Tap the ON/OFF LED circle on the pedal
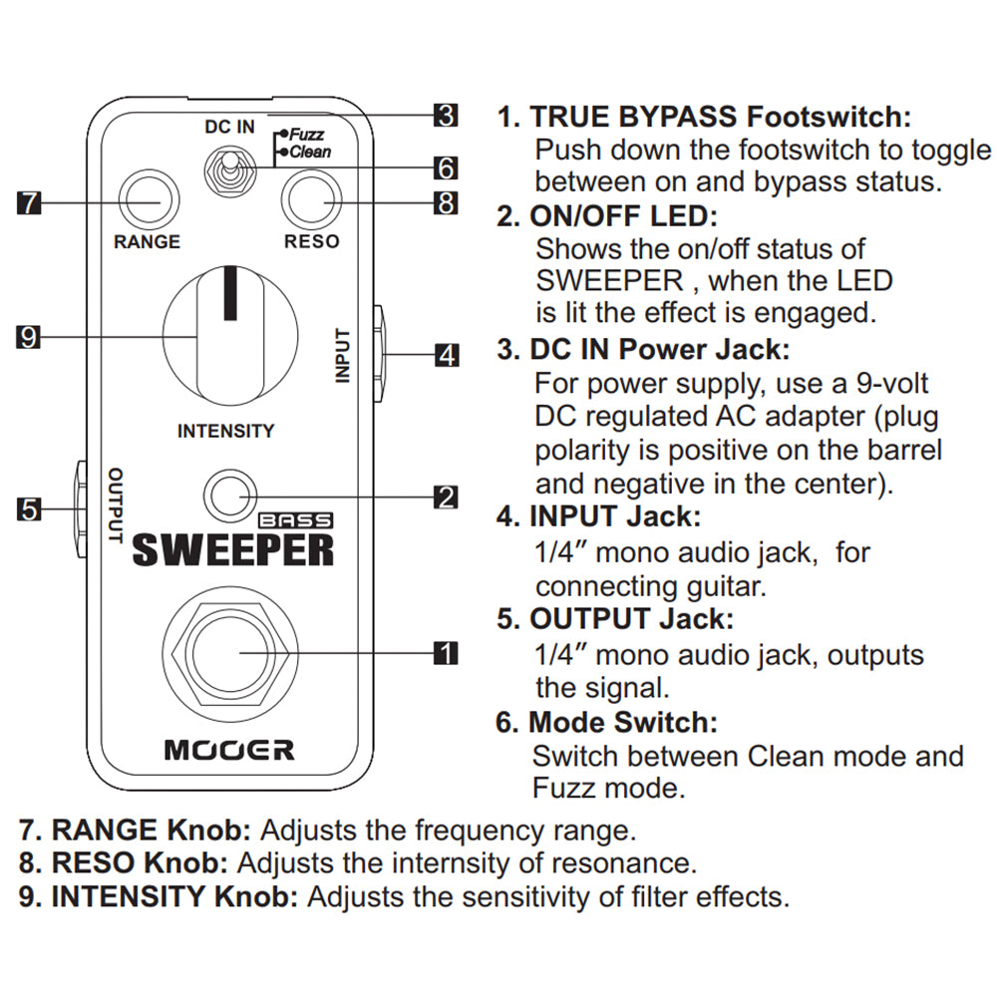(229, 496)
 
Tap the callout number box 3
(446, 116)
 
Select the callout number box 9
(29, 338)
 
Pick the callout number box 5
(29, 509)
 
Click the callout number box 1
(446, 653)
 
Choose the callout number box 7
(29, 202)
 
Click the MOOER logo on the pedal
(229, 749)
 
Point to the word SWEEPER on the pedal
(233, 549)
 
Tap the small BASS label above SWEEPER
(297, 518)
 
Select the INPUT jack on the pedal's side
(380, 353)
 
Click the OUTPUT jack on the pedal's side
(79, 507)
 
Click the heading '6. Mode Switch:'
(606, 721)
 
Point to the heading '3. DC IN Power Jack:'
(643, 350)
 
